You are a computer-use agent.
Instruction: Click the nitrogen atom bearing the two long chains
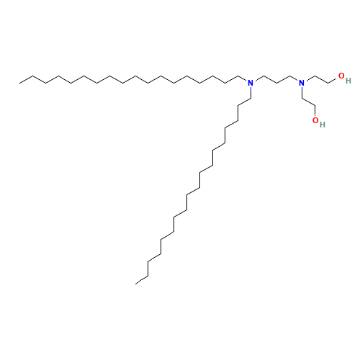tap(251, 84)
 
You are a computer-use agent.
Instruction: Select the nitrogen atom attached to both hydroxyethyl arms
tap(302, 84)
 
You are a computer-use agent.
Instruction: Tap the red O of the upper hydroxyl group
tap(341, 76)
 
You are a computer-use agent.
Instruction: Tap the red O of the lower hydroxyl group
tap(315, 120)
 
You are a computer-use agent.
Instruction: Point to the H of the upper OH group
tap(348, 81)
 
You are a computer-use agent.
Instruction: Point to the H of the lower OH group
tap(323, 125)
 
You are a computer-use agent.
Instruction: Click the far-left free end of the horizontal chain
tap(19, 84)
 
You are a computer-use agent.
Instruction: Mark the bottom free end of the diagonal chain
tap(135, 284)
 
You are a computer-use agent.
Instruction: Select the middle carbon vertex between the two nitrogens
tap(276, 84)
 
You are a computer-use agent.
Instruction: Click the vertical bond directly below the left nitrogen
tap(251, 93)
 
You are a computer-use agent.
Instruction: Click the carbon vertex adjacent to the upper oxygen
tap(328, 84)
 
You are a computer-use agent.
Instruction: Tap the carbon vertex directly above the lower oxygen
tap(315, 106)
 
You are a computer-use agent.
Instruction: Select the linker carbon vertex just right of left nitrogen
tap(264, 76)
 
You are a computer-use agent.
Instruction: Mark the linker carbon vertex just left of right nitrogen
tap(290, 76)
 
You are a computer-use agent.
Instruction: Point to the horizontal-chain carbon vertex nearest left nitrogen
tap(238, 76)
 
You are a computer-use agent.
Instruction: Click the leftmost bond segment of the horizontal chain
tap(26, 80)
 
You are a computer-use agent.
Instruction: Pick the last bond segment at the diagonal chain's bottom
tap(142, 281)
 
